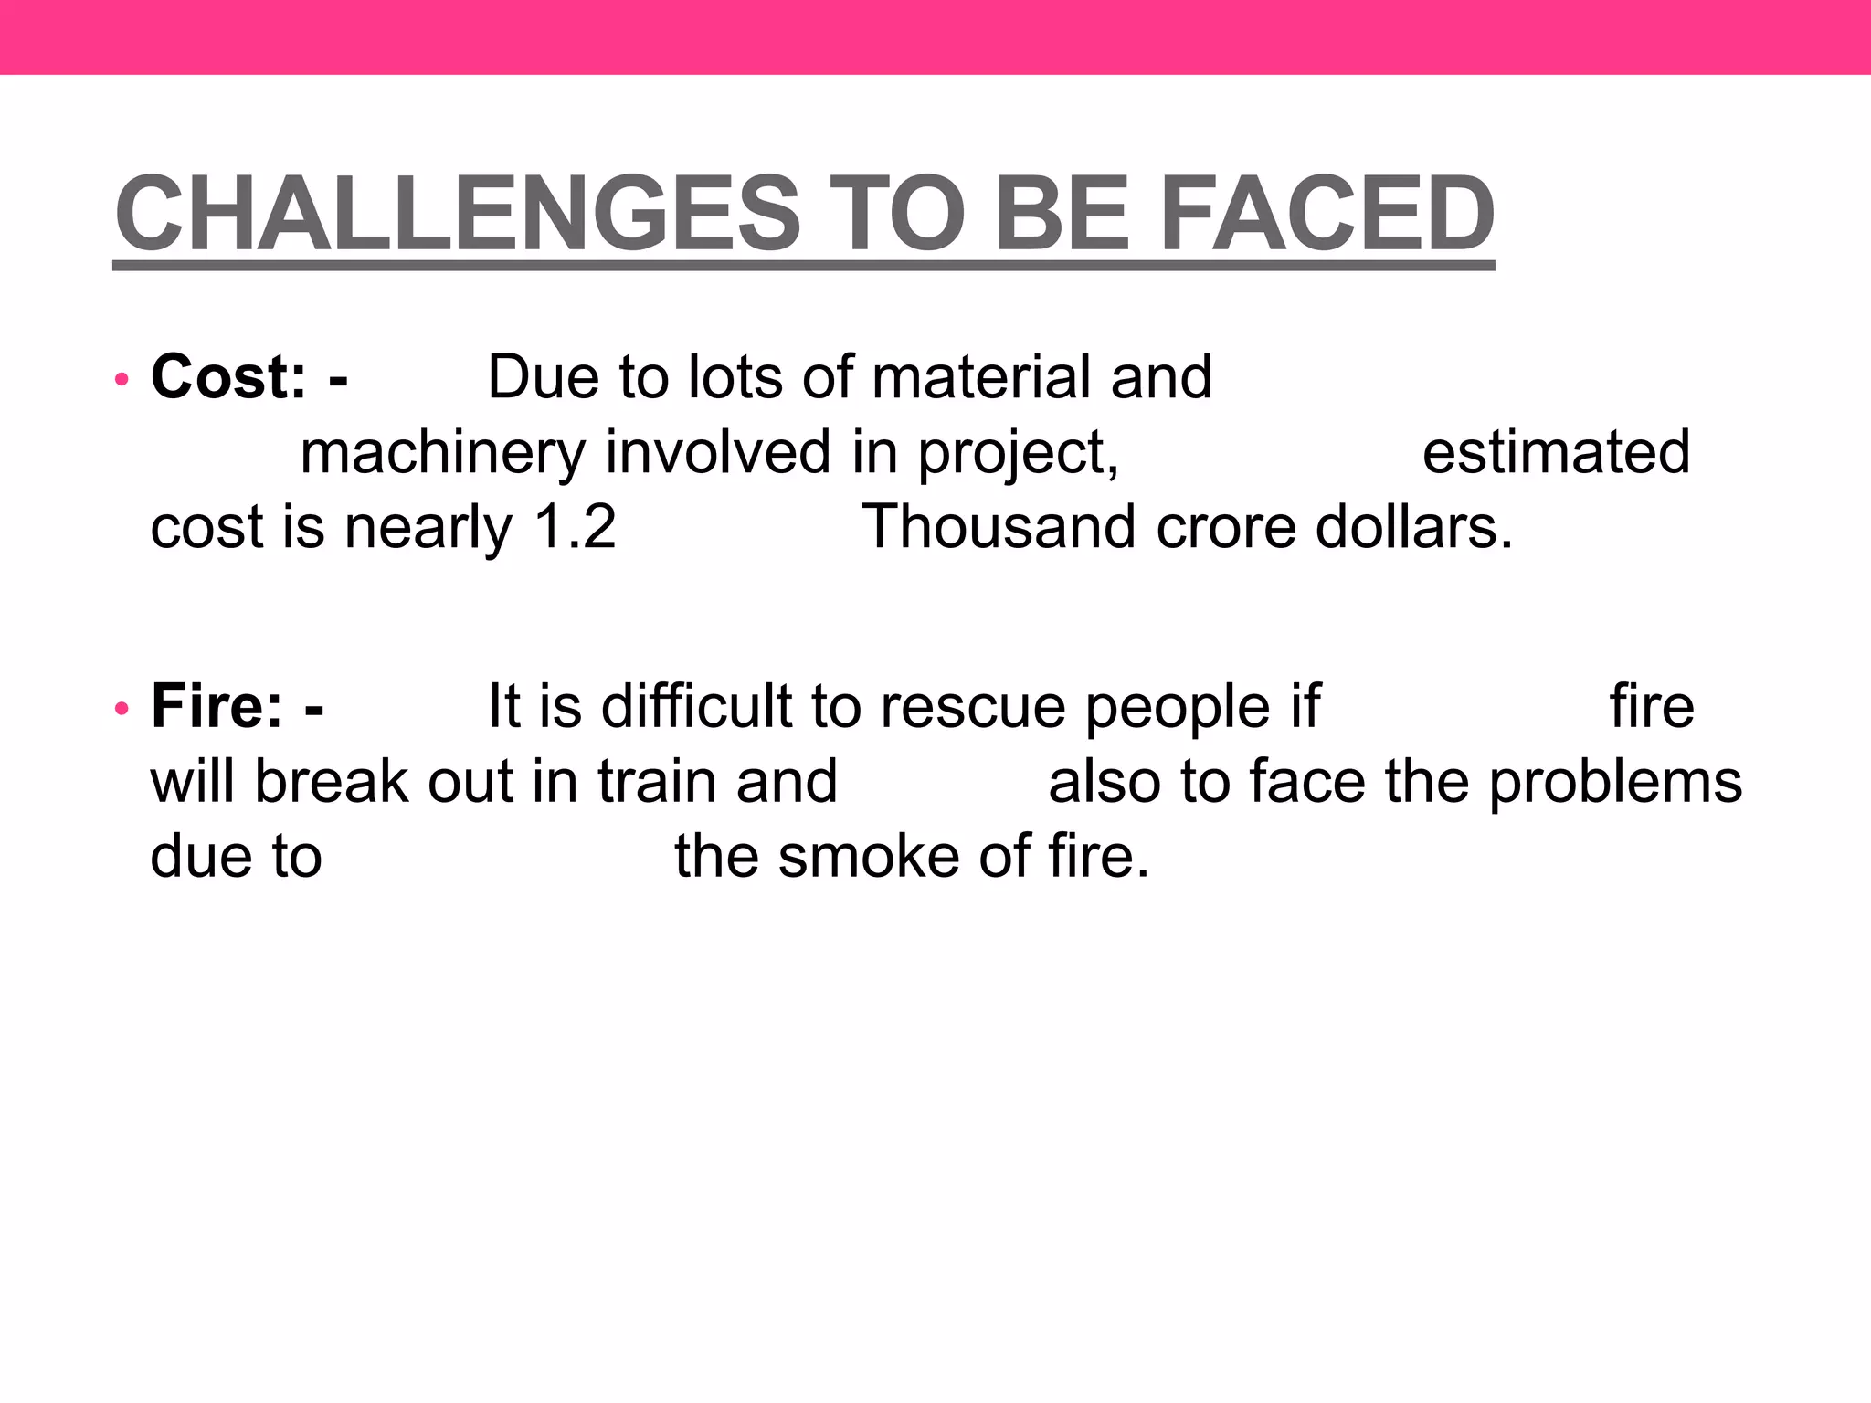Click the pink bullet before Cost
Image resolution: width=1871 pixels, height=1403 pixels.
pos(122,379)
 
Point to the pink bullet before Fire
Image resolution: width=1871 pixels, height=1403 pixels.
pos(122,709)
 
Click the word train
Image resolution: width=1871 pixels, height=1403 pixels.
pos(657,782)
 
